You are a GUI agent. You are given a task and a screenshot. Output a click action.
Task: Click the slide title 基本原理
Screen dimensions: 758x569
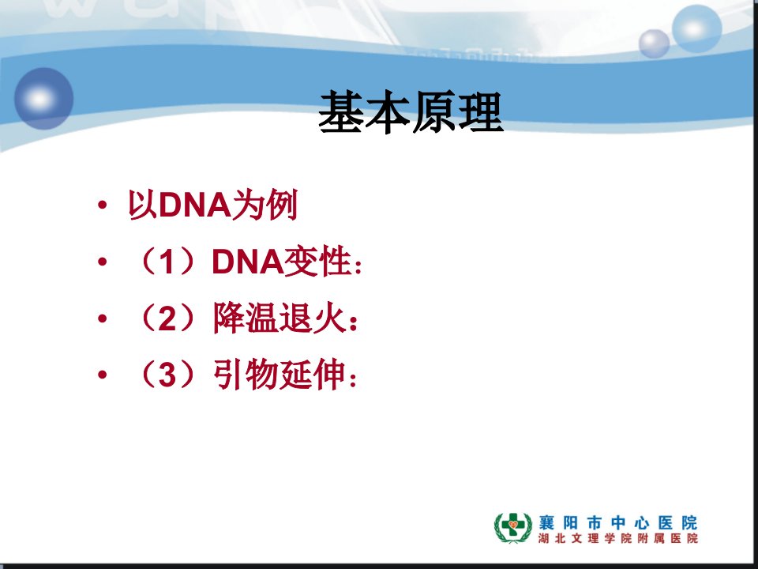pos(411,111)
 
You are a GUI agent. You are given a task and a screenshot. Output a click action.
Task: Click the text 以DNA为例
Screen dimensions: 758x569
pos(212,205)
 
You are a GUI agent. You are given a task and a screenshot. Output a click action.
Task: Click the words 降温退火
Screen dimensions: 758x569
pos(280,318)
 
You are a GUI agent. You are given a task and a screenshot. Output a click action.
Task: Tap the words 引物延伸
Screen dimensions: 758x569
pos(280,375)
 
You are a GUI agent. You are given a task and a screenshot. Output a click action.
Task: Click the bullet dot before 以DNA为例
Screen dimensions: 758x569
pos(102,205)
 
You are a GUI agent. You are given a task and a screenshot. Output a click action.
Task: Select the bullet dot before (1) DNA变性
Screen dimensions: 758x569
pos(102,262)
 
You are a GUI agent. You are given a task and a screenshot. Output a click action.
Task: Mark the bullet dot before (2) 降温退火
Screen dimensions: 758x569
pos(102,318)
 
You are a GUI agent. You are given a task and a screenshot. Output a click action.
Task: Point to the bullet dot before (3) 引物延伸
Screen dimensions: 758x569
pos(102,375)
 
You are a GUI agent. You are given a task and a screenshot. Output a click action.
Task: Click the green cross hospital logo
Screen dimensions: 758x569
pos(513,527)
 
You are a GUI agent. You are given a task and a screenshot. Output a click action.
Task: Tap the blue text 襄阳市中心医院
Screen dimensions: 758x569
pos(618,522)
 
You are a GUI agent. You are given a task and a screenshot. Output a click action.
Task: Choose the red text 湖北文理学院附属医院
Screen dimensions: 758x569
pos(618,538)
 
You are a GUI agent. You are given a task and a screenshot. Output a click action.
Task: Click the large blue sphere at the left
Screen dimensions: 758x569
pos(44,98)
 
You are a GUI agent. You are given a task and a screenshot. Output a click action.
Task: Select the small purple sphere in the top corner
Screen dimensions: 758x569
pos(654,43)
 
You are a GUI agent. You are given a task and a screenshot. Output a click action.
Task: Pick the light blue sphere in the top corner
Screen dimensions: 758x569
pos(696,28)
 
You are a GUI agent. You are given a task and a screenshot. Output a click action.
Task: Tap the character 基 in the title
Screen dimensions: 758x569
pos(341,111)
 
